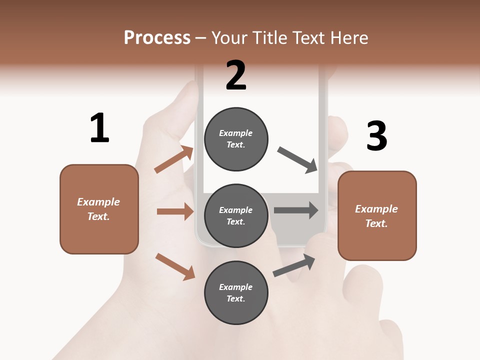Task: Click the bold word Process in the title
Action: [157, 38]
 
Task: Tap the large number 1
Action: [99, 128]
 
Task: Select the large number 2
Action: [236, 75]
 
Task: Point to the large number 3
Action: [377, 136]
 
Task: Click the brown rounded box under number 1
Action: [99, 209]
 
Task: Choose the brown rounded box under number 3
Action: [377, 215]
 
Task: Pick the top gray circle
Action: [236, 139]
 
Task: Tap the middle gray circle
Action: [236, 215]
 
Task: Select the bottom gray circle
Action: [236, 292]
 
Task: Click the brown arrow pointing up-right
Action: [174, 159]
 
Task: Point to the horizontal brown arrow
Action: [175, 211]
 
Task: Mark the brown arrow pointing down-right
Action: [175, 266]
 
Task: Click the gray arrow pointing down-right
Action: [297, 159]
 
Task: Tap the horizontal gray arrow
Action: [295, 210]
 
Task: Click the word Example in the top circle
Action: [236, 133]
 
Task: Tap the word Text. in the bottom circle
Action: [236, 298]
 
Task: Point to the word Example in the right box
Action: [376, 209]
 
